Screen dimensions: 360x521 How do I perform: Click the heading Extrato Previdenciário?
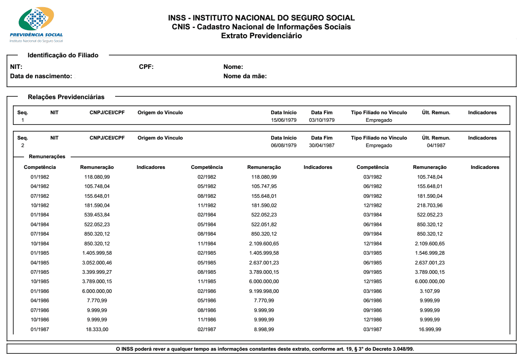(261, 36)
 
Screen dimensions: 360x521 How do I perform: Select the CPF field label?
(146, 67)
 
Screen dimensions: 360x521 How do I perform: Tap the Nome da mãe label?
(245, 76)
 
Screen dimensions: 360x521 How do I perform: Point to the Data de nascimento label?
(41, 76)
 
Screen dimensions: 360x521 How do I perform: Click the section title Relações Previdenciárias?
(66, 96)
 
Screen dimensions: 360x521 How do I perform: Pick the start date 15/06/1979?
(284, 120)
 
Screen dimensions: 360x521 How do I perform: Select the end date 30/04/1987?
(322, 145)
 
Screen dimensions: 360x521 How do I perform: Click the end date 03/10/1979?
(322, 120)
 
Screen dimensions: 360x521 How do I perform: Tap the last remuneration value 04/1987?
(436, 145)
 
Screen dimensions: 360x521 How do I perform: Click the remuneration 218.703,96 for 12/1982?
(429, 205)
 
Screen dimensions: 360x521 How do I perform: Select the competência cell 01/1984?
(40, 215)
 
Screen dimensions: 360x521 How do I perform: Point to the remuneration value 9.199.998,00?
(264, 291)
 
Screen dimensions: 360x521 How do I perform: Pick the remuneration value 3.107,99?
(429, 291)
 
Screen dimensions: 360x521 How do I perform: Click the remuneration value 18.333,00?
(97, 329)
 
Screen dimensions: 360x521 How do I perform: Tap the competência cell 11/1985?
(207, 281)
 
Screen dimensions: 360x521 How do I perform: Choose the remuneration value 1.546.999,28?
(429, 253)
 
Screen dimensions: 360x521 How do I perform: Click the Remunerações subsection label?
(47, 156)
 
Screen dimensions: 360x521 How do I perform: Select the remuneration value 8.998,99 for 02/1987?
(264, 329)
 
